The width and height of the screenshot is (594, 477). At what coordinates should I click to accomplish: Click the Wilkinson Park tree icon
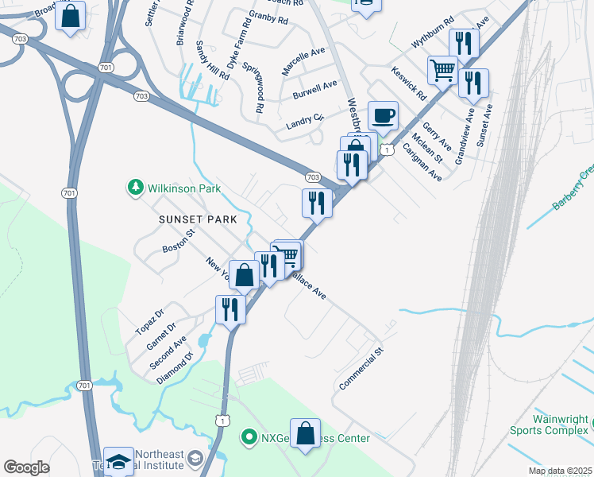tap(135, 188)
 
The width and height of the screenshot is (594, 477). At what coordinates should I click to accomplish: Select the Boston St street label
tap(179, 242)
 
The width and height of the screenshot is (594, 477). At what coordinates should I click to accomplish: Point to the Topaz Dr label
tap(148, 320)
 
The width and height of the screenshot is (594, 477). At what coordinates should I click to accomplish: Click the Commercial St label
tap(361, 368)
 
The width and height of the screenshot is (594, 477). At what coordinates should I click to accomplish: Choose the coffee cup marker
tap(383, 115)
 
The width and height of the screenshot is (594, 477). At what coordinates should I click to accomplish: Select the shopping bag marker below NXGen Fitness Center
tap(305, 434)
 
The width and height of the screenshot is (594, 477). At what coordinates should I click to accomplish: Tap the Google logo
tap(26, 467)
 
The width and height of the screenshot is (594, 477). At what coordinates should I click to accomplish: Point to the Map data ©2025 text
tap(558, 471)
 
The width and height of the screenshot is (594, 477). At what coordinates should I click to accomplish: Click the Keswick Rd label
tap(409, 83)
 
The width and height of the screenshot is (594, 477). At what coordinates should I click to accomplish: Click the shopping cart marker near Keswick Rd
tap(443, 69)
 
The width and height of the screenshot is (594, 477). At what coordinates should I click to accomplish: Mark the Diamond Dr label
tap(174, 368)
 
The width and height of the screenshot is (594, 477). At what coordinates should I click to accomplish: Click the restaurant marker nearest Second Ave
tap(230, 308)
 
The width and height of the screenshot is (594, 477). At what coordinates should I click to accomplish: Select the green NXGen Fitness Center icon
tap(248, 437)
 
